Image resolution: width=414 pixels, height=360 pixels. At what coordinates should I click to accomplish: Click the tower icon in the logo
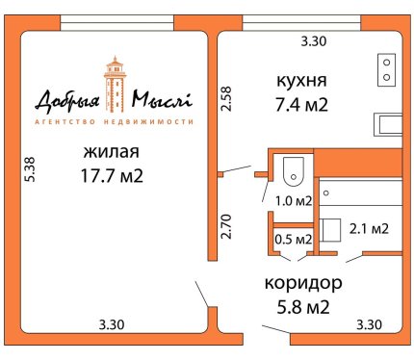click(x=115, y=85)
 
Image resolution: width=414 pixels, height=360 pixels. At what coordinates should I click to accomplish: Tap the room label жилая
click(x=112, y=152)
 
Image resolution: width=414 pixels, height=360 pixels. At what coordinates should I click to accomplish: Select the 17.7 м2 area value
click(x=112, y=176)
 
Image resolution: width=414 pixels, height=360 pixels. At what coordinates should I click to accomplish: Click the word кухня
click(x=301, y=81)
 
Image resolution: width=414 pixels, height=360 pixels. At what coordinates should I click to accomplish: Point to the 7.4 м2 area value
click(x=301, y=105)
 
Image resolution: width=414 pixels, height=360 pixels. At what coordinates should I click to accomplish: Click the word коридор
click(x=303, y=284)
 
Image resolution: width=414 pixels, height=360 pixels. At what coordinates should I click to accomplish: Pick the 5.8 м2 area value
click(x=303, y=307)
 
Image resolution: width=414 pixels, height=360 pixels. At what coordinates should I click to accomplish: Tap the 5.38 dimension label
click(x=31, y=169)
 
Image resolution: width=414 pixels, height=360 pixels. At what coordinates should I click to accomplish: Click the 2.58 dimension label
click(x=226, y=99)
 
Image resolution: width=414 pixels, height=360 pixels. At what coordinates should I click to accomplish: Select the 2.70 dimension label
click(x=226, y=226)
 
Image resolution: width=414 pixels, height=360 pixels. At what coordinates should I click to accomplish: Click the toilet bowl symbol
click(x=294, y=171)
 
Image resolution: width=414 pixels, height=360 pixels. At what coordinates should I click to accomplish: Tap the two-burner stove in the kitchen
click(x=386, y=70)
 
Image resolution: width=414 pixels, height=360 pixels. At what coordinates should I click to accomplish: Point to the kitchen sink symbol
click(x=388, y=124)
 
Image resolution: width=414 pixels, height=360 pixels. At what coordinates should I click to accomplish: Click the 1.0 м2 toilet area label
click(x=294, y=201)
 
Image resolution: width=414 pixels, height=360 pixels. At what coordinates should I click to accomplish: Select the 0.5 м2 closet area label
click(x=294, y=240)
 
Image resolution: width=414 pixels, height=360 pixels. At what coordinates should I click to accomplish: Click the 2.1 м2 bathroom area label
click(x=369, y=229)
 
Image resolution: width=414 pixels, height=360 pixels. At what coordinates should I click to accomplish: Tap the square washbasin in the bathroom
click(x=330, y=230)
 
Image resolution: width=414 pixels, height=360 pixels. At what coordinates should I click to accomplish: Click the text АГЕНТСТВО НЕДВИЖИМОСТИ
click(x=114, y=122)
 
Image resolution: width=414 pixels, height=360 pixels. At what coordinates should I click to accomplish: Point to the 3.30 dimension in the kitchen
click(x=314, y=41)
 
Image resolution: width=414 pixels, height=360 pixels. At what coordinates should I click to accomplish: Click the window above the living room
click(x=117, y=23)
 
